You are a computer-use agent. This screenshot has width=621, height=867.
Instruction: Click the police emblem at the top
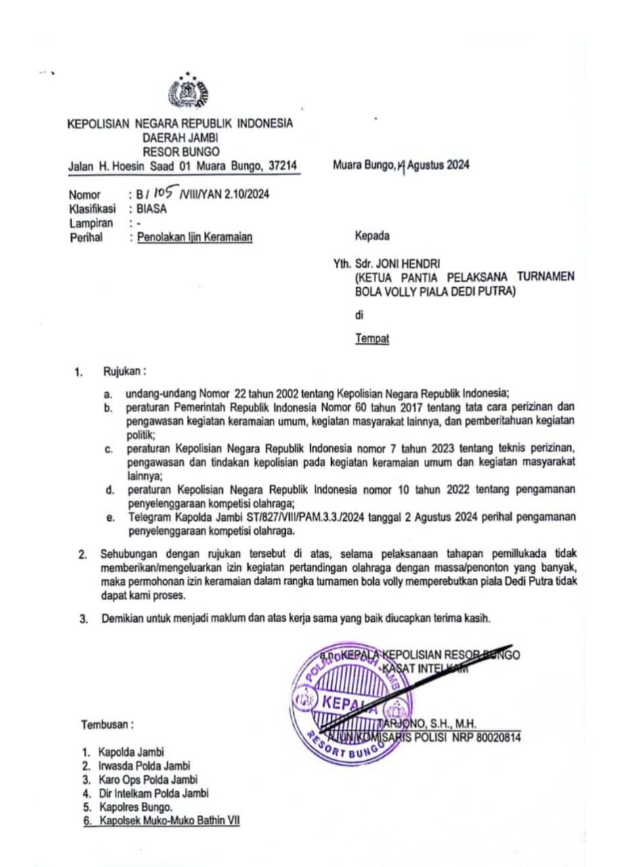click(188, 92)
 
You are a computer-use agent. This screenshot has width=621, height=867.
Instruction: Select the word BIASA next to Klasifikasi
click(151, 209)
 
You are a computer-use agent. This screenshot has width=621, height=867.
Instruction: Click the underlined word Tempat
click(372, 339)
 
